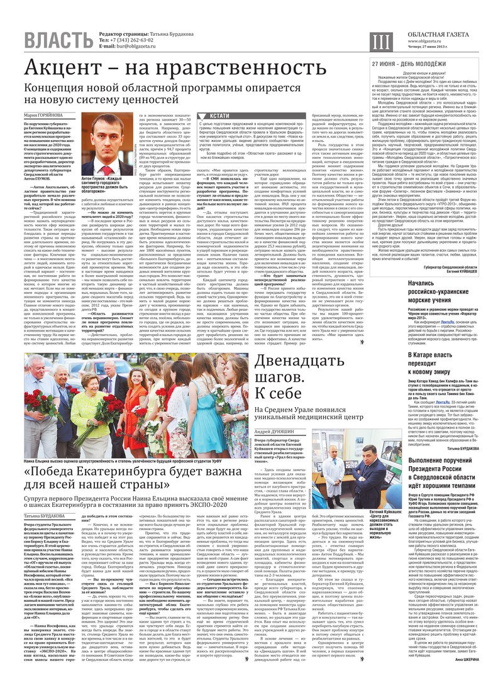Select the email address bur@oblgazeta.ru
[x=140, y=46]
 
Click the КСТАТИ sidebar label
[x=219, y=116]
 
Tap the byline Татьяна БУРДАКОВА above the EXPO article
[x=47, y=516]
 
